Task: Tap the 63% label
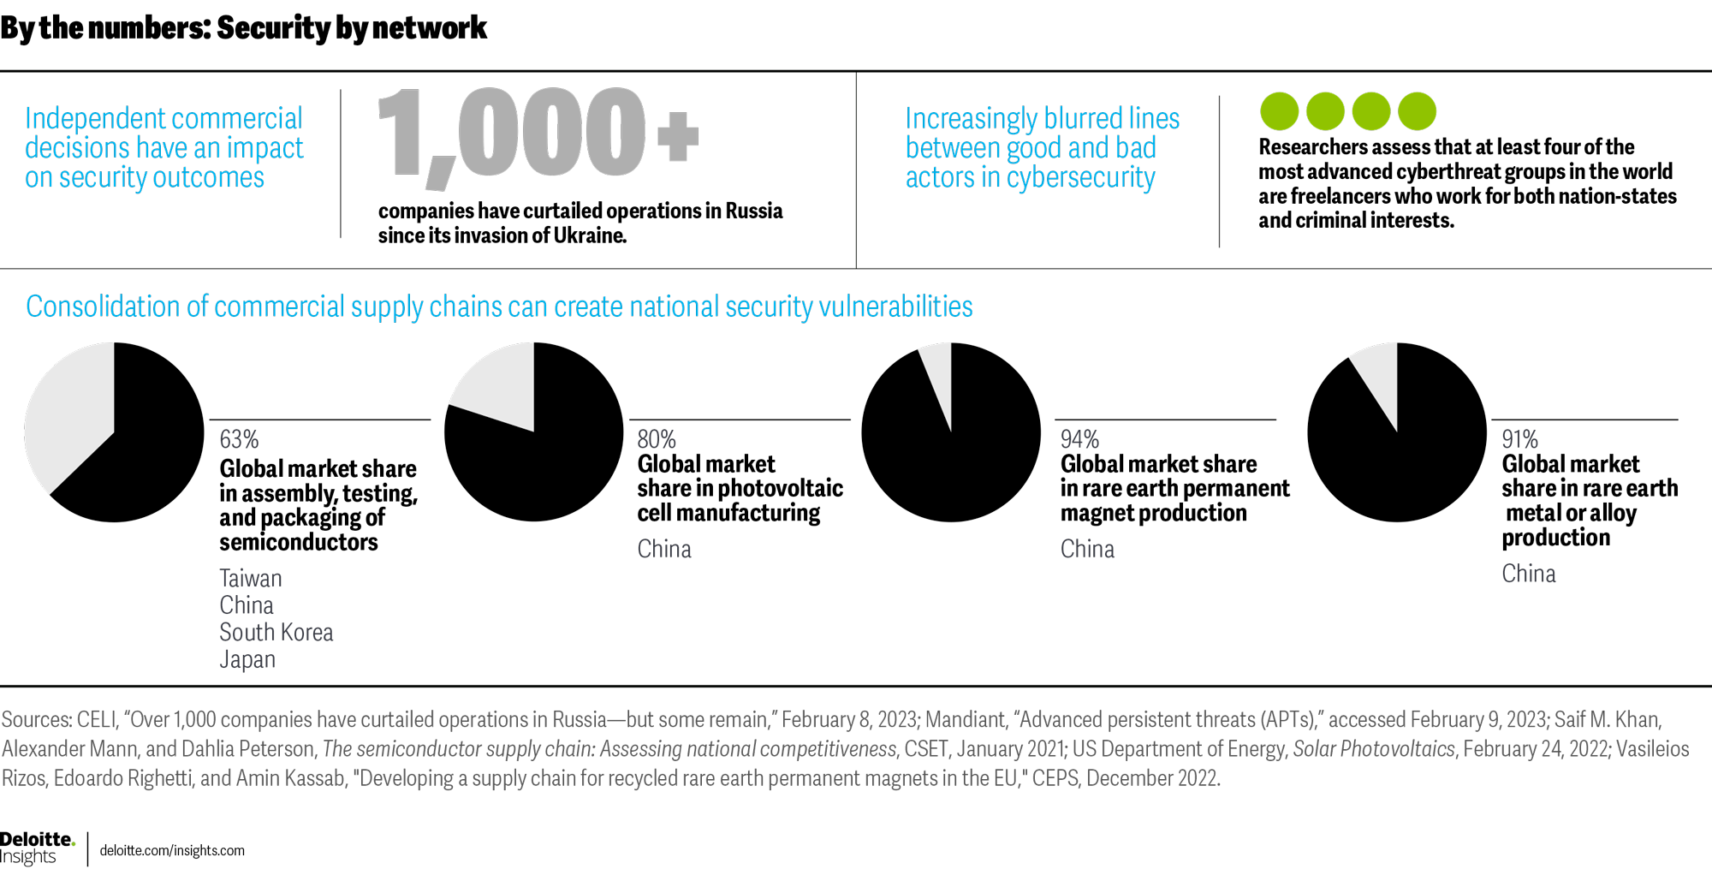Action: click(239, 439)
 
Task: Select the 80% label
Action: click(657, 439)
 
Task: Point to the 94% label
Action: click(1079, 439)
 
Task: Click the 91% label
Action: click(1519, 439)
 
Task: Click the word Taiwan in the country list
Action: click(251, 579)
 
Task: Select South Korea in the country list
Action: click(276, 633)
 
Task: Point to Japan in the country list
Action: click(247, 660)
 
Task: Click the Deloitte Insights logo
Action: click(37, 848)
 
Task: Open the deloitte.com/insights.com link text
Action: click(172, 851)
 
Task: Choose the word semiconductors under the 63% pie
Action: click(298, 542)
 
